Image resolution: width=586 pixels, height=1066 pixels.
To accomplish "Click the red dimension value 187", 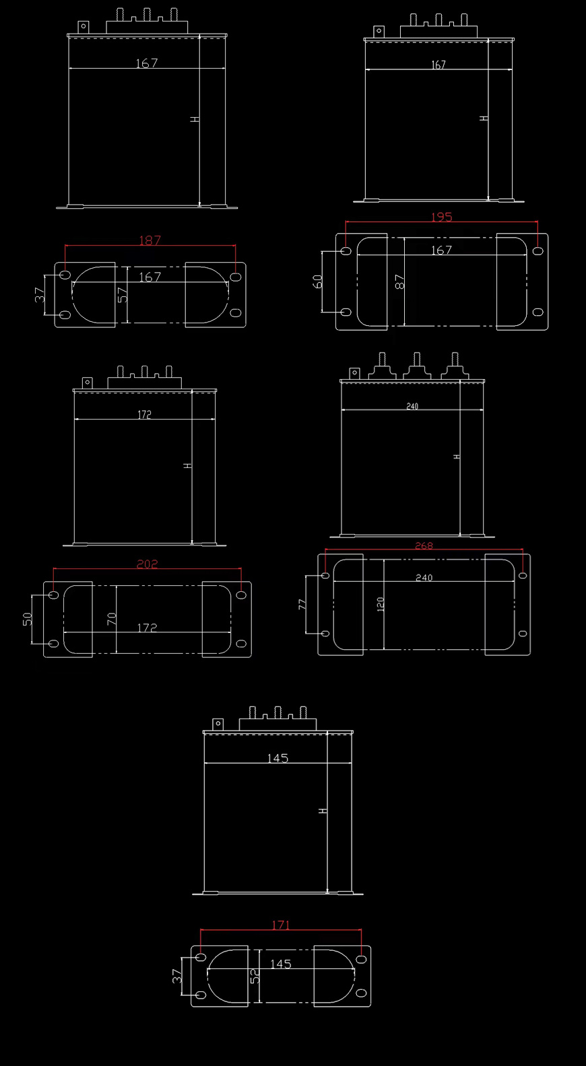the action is coord(150,240).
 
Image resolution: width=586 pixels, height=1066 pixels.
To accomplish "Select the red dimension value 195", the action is coord(441,217).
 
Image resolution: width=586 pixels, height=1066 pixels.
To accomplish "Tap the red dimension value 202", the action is coord(147,564).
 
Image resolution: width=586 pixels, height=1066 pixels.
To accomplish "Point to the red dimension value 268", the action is coord(424,546).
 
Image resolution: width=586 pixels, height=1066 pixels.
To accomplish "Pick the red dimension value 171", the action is coord(280,925).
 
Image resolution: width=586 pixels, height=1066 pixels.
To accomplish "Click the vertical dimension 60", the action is coord(317,281).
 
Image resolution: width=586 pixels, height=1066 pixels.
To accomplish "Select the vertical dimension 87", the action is coord(399,281).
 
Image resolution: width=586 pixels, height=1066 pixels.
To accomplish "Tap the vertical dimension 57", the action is coord(123,295).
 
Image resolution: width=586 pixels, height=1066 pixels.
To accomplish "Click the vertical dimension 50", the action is coord(27,619).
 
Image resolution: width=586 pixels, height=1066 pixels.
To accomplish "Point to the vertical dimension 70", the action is coord(111,619).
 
